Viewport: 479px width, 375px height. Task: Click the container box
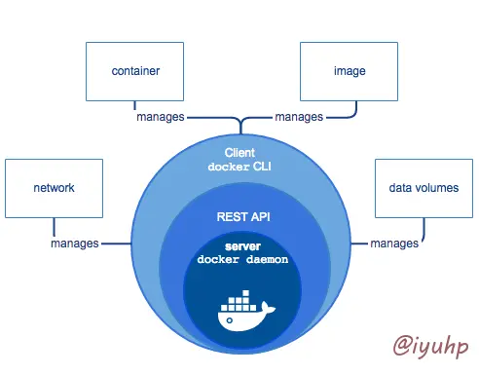point(135,71)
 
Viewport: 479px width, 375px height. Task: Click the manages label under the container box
point(159,117)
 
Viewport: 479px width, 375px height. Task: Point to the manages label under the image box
point(299,117)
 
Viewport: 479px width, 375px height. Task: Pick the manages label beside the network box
point(75,243)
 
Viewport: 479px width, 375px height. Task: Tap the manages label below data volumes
point(394,243)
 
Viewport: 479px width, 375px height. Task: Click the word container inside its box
point(135,71)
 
